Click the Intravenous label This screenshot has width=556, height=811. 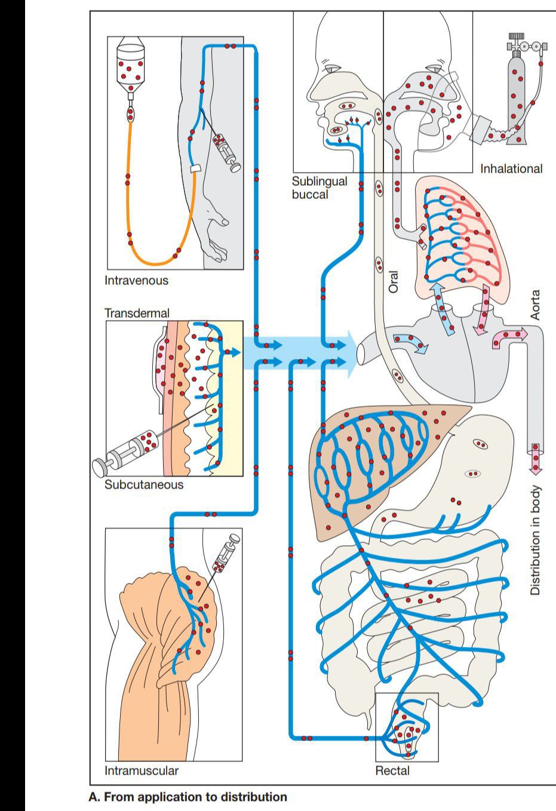click(136, 280)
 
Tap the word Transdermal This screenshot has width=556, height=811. click(137, 313)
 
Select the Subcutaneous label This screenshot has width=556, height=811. click(144, 484)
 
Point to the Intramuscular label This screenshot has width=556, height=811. click(142, 770)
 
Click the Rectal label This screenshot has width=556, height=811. click(392, 770)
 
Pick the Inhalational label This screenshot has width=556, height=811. click(511, 168)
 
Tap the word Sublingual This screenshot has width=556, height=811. click(320, 181)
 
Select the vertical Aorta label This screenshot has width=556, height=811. click(536, 305)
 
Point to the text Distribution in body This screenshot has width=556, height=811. click(536, 540)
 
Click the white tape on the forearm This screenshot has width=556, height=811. click(193, 169)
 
